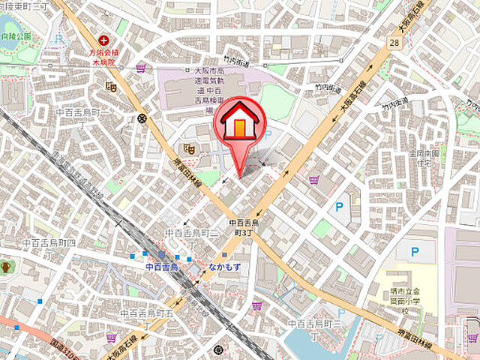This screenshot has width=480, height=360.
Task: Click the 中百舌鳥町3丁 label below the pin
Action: [244, 228]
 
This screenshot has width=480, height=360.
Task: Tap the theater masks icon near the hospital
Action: [111, 87]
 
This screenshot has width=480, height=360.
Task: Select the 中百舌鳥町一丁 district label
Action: [83, 111]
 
